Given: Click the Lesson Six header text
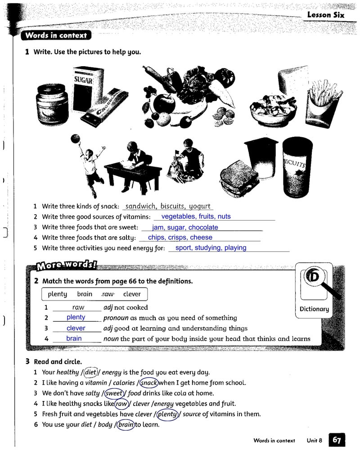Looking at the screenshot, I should point(325,15).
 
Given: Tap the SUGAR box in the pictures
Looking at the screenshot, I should point(83,88).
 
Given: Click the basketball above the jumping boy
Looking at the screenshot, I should point(75,139).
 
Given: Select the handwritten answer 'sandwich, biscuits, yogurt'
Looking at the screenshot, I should point(168,206).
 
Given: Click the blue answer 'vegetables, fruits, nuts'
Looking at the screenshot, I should point(196,216).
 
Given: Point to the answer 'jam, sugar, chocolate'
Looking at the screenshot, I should point(185,228).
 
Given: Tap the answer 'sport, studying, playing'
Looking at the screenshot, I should point(211,247).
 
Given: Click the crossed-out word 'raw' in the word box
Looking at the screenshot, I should point(108,294).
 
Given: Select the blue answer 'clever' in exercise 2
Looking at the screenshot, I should point(76,328).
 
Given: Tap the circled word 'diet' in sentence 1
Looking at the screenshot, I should point(91,372).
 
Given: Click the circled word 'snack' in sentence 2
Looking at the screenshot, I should point(148,383).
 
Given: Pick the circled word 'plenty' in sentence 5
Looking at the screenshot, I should point(167,414).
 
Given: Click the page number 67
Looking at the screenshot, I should point(337,440).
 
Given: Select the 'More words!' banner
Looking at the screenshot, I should point(67,265).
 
